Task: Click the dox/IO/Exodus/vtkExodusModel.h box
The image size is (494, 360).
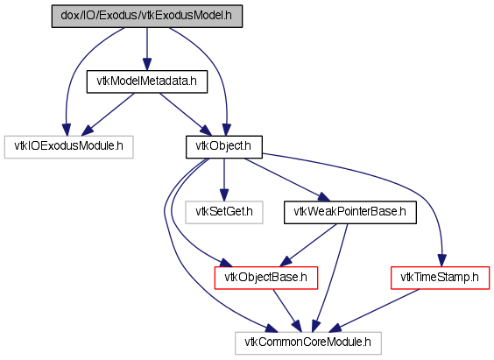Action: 147,16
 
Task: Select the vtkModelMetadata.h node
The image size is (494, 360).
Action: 147,81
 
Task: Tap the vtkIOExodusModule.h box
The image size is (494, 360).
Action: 68,147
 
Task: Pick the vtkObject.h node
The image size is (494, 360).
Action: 224,147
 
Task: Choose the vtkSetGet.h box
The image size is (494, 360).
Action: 224,213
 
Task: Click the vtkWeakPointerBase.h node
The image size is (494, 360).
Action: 350,213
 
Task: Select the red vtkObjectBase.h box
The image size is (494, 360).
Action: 266,278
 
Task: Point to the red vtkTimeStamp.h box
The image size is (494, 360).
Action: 440,278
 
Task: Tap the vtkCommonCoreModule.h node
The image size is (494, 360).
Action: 308,343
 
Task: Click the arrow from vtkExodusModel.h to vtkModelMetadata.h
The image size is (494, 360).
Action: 147,49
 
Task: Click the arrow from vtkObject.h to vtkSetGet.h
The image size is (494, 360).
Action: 224,180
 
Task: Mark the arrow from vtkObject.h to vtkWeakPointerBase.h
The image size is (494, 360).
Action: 287,180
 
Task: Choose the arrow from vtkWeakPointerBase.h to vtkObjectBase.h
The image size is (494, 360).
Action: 308,245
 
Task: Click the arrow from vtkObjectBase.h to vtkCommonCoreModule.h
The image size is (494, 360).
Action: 287,311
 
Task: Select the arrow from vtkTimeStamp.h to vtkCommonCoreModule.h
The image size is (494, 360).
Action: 374,311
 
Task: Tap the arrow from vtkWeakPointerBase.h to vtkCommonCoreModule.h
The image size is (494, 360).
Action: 331,278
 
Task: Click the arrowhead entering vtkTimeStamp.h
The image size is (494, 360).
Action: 442,261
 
